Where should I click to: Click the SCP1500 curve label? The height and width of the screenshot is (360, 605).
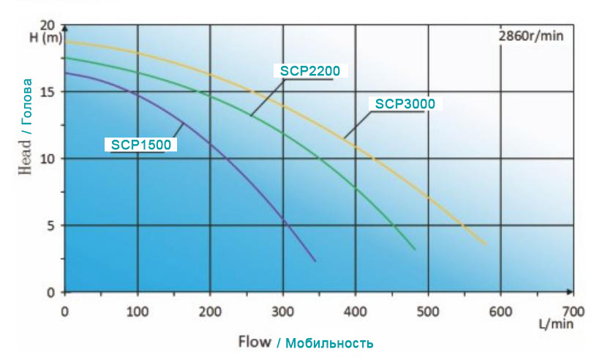click(x=141, y=145)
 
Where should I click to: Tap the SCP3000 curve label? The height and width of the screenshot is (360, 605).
click(x=405, y=104)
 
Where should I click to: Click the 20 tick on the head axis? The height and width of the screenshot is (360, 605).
click(x=50, y=25)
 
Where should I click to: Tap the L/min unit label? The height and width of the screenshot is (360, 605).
click(x=557, y=323)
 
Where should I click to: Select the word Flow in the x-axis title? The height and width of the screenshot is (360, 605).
click(x=254, y=342)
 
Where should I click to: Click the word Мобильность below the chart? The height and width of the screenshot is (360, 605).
click(x=329, y=342)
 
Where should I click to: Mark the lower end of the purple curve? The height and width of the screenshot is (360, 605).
click(x=315, y=260)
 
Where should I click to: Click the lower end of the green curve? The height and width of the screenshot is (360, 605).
click(x=415, y=250)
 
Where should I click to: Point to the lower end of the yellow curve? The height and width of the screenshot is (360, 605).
click(x=486, y=244)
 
